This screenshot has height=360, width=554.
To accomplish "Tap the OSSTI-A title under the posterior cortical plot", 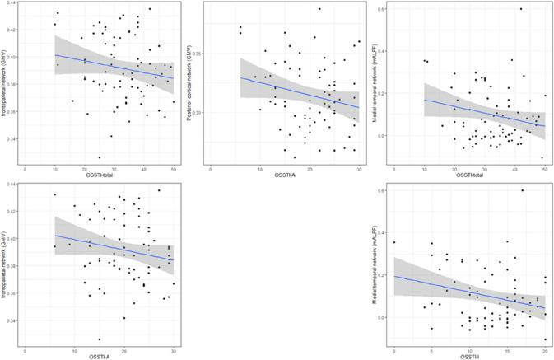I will coord(284,175).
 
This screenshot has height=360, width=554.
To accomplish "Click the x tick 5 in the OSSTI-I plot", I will coord(431,347).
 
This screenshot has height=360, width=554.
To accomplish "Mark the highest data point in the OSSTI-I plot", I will coord(522,190).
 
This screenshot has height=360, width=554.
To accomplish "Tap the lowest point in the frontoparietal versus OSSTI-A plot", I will coord(99,339).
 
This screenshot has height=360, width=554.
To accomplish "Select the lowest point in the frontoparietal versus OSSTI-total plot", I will coord(100,157).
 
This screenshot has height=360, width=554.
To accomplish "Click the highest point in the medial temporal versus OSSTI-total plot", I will coord(521,9).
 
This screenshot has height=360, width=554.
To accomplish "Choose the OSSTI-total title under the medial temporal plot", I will coord(469,175).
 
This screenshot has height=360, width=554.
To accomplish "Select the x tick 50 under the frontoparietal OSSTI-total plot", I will coord(173,167).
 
